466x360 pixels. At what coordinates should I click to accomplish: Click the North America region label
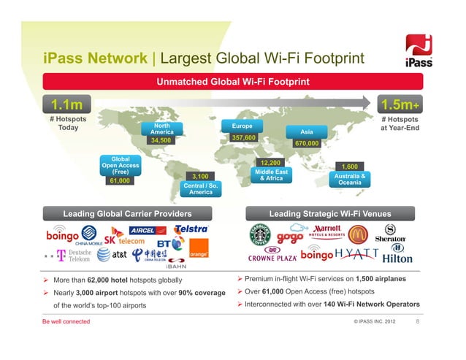coord(161,129)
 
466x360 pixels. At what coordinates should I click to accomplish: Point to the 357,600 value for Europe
coord(242,137)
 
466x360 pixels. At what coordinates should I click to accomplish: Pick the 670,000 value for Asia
coord(307,143)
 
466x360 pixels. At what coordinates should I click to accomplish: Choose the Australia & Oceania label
coord(350,179)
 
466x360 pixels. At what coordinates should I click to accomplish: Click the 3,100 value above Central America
coord(200,176)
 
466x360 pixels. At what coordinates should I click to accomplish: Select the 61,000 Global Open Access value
coord(119,180)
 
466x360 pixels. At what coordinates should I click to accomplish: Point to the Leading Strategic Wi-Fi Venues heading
coord(330,214)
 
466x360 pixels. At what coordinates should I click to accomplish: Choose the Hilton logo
coord(397,258)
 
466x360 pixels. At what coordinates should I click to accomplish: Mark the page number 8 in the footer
coord(416,321)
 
